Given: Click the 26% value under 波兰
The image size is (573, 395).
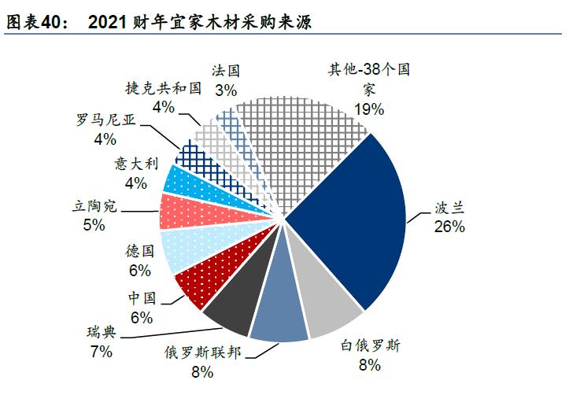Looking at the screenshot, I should point(449,227).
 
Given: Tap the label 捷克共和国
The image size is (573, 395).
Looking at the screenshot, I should point(164,89).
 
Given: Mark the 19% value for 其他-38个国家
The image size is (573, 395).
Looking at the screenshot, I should point(368,108).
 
